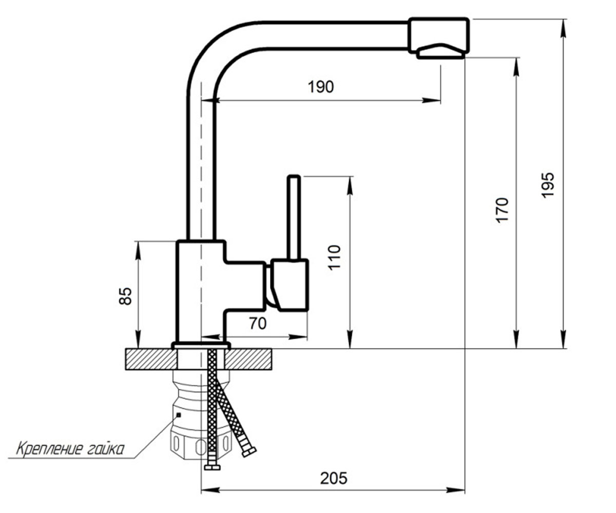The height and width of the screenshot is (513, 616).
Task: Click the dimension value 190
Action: (321, 87)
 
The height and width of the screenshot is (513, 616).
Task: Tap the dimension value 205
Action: (334, 478)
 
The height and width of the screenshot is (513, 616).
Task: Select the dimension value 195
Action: (548, 185)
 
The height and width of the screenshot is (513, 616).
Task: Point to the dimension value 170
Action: (502, 210)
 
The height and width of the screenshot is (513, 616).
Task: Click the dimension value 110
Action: (334, 257)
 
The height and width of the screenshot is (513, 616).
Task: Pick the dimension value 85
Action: (125, 296)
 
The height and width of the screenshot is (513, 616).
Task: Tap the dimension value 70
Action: (258, 323)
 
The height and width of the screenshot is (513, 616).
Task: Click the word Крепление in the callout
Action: (49, 449)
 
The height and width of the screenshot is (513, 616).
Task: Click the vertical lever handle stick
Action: (294, 218)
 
